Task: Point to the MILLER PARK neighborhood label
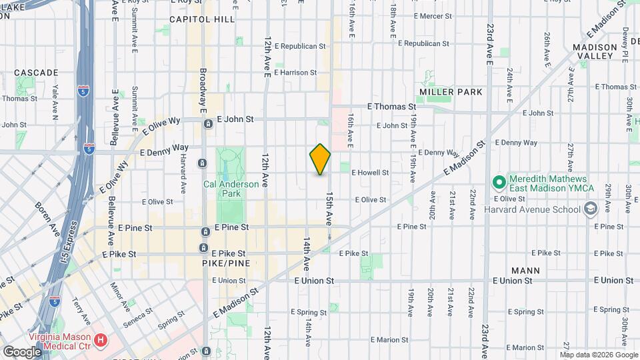click(x=450, y=91)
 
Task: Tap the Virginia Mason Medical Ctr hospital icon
click(x=101, y=341)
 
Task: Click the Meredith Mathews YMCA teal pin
click(x=498, y=181)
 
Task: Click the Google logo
click(x=21, y=351)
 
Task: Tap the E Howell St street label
click(x=370, y=172)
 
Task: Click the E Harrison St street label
click(x=295, y=72)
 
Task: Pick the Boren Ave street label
click(x=47, y=217)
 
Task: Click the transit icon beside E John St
click(x=209, y=123)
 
